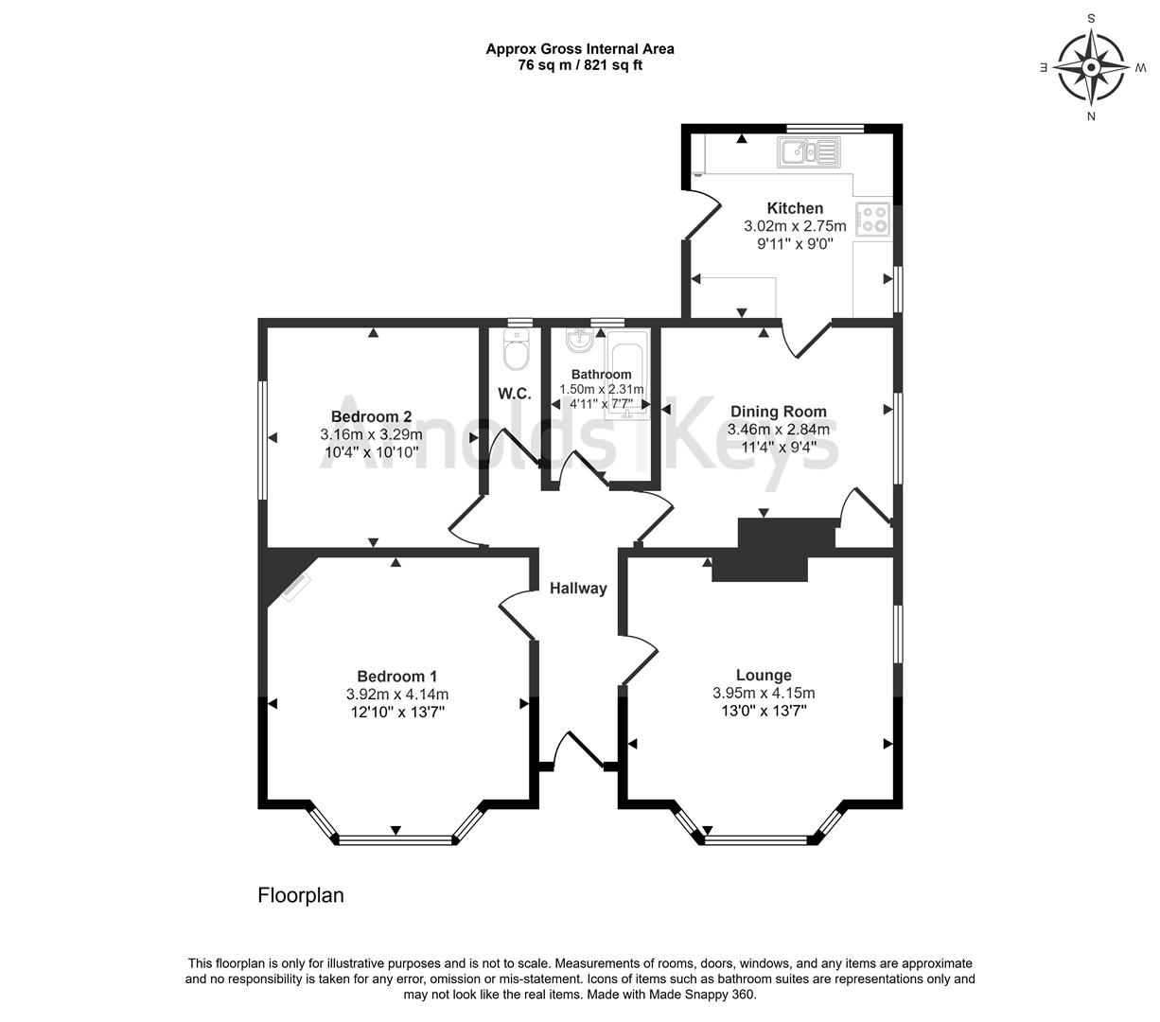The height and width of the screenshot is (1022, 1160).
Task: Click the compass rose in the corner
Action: pyautogui.click(x=1091, y=68)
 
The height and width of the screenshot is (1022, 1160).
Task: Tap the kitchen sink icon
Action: pyautogui.click(x=808, y=151)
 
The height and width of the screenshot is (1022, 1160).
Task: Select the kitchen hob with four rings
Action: pyautogui.click(x=872, y=220)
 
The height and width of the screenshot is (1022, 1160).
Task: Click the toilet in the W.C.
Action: pyautogui.click(x=517, y=354)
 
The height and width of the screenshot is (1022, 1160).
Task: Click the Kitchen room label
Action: pyautogui.click(x=795, y=208)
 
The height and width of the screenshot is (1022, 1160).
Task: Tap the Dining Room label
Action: pyautogui.click(x=778, y=412)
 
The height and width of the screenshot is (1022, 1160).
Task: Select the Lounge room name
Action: pyautogui.click(x=764, y=676)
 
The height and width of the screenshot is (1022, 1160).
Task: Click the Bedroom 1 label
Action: pyautogui.click(x=396, y=677)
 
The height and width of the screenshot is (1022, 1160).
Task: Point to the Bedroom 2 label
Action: pyautogui.click(x=371, y=417)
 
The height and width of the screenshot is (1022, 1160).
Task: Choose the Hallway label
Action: pyautogui.click(x=578, y=589)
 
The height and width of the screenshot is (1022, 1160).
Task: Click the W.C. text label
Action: pyautogui.click(x=514, y=394)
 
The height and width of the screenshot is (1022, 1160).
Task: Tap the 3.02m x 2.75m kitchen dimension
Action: pyautogui.click(x=795, y=227)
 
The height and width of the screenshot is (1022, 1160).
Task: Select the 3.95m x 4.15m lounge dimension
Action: pyautogui.click(x=764, y=694)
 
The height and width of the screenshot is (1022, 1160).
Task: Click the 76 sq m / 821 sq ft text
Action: pyautogui.click(x=580, y=65)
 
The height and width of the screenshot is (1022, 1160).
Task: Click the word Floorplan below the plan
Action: pyautogui.click(x=301, y=895)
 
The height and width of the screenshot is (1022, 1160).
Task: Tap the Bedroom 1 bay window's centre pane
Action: pyautogui.click(x=395, y=838)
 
